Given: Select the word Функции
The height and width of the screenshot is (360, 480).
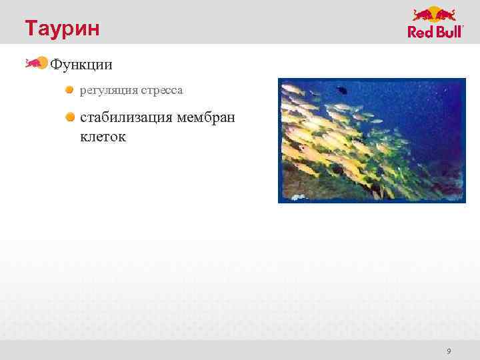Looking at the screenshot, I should pos(81,65).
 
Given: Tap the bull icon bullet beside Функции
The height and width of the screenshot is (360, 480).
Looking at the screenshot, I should pos(36,63).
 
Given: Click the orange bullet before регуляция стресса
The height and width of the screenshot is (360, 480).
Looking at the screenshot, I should pos(69,89).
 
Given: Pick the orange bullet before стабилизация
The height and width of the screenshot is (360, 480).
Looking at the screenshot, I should pos(69,117).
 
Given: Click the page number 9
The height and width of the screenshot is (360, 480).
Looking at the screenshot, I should pos(449,351).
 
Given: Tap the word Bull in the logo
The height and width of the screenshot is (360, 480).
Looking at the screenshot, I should pos(447,32).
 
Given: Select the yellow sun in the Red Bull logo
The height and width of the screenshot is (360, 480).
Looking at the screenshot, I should pos(435,14).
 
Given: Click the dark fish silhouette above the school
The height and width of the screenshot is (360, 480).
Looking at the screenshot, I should pos(341,89).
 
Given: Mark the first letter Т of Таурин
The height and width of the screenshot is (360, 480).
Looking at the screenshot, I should pos(31,29).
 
